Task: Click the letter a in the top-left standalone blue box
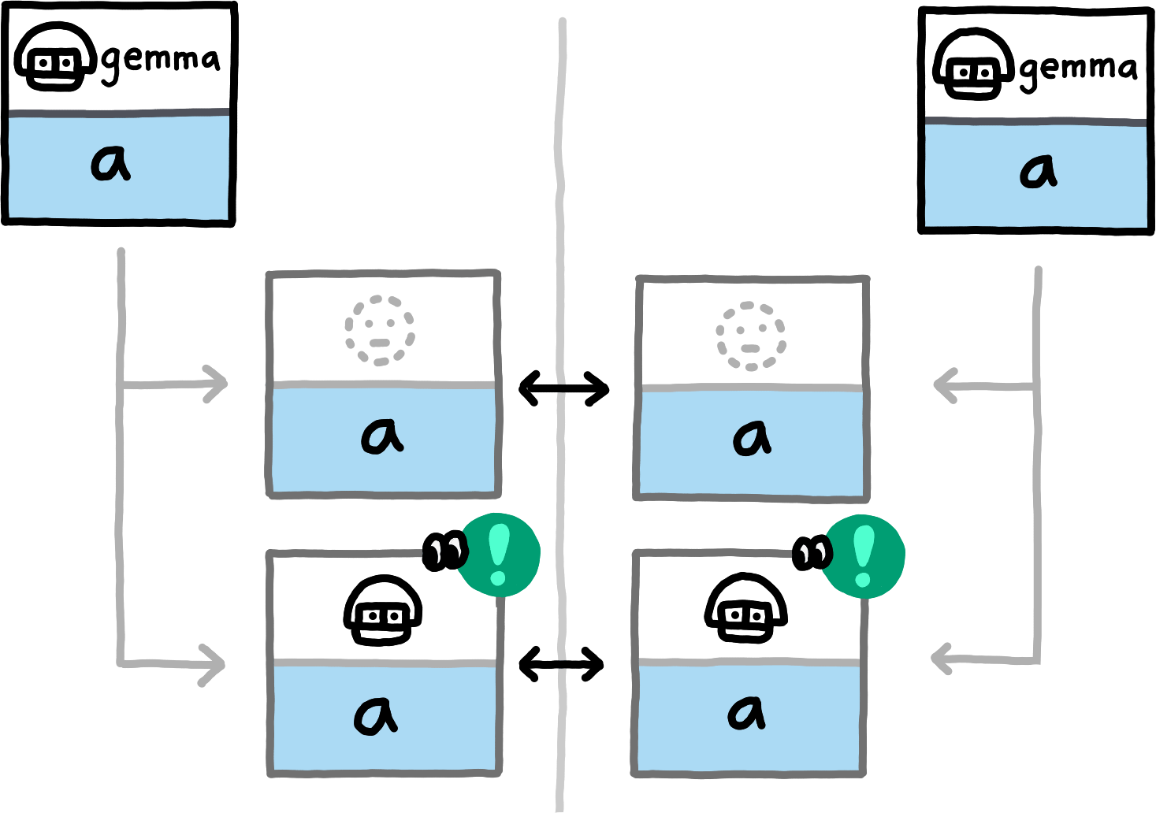click(x=111, y=164)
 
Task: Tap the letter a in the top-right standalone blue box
click(x=1038, y=170)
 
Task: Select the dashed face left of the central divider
click(x=379, y=331)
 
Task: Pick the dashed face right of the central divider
click(x=751, y=336)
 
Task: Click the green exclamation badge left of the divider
click(x=500, y=555)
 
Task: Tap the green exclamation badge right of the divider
click(x=864, y=557)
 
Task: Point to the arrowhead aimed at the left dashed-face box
click(x=216, y=384)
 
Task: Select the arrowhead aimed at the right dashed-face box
click(x=944, y=386)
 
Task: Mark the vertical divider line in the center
click(x=562, y=236)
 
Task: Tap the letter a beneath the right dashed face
click(x=752, y=438)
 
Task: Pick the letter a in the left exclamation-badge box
click(x=375, y=715)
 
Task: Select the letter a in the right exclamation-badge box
click(x=745, y=712)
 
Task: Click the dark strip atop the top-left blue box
click(x=118, y=113)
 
